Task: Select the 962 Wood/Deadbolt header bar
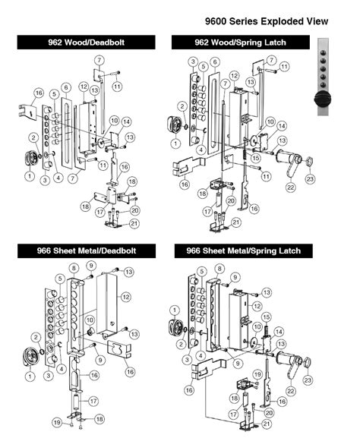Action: tap(86, 43)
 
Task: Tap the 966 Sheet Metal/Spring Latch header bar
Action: tap(244, 251)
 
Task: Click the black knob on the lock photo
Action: tap(323, 99)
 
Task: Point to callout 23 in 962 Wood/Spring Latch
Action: tap(310, 178)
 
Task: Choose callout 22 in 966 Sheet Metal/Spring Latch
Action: tap(291, 390)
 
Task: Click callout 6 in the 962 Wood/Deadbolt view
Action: tap(66, 87)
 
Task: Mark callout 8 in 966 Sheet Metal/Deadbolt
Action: tap(74, 269)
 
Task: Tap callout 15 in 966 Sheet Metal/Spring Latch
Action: tap(266, 317)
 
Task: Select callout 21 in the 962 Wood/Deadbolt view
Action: tap(134, 223)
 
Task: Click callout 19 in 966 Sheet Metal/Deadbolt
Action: tap(57, 422)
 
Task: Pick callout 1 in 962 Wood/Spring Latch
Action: tap(175, 143)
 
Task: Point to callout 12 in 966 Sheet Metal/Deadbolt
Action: tap(126, 297)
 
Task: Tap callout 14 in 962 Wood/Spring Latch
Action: tap(282, 126)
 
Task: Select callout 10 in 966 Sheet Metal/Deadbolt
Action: tap(90, 320)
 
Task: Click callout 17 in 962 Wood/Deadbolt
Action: tap(100, 212)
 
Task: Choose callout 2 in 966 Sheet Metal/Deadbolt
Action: tap(36, 338)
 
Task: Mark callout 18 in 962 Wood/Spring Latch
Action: tap(203, 194)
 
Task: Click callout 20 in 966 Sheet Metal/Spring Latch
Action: tap(269, 413)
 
